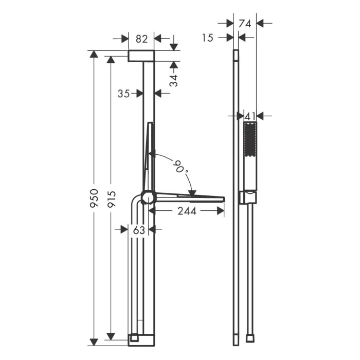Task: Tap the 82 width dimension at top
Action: (x=141, y=39)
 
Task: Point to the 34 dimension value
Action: (x=174, y=80)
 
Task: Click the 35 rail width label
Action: (x=123, y=93)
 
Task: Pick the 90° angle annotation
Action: (x=181, y=168)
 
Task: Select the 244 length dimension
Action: (x=186, y=210)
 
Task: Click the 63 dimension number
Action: (x=139, y=230)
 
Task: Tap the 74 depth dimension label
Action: (x=245, y=23)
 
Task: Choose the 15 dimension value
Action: (x=208, y=38)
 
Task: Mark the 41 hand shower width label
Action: (x=249, y=116)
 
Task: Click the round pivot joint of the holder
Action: (x=148, y=197)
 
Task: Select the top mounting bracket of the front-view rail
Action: (x=141, y=56)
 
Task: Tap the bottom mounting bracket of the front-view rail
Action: (x=141, y=339)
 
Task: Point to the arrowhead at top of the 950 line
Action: (x=94, y=54)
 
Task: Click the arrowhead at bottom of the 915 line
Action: (x=111, y=336)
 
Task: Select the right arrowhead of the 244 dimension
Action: (x=221, y=210)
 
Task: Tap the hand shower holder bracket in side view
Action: (x=247, y=197)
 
